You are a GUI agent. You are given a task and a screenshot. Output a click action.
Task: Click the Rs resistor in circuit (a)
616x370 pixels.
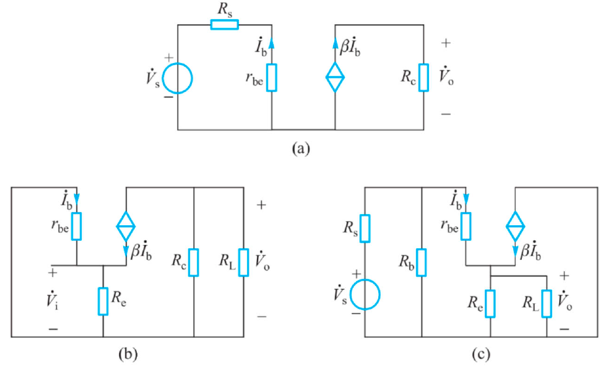[224, 25]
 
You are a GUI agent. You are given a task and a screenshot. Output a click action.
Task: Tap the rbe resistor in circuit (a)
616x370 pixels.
[272, 77]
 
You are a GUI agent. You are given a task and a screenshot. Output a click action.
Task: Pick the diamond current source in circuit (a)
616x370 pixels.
[335, 78]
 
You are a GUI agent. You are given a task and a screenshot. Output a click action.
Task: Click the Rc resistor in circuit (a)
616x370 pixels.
[423, 77]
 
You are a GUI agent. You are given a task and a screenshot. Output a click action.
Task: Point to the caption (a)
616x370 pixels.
[301, 149]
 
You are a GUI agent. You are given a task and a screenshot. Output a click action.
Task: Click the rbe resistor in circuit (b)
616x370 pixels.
[77, 226]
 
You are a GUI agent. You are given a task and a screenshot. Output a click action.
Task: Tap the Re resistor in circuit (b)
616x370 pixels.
[103, 301]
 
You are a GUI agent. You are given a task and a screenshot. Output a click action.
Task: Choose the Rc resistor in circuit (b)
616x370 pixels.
[194, 262]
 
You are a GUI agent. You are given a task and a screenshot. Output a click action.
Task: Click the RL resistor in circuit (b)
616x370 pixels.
[244, 262]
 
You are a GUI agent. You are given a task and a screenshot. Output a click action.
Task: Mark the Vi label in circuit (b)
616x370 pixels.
[53, 299]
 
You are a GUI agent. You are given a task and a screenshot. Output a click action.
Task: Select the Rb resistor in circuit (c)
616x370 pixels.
[421, 262]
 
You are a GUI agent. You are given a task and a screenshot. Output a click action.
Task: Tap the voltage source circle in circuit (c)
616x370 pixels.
[365, 294]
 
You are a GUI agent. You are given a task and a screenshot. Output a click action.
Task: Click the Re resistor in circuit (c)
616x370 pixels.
[490, 303]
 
